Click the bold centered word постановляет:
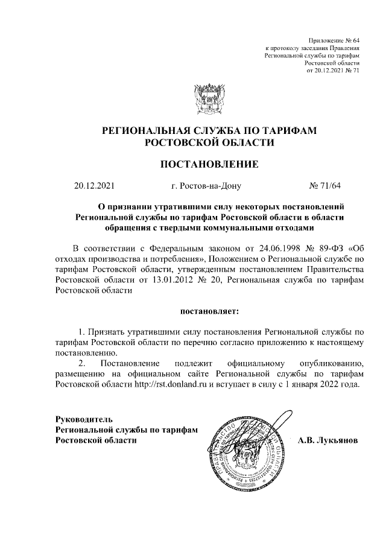(209, 311)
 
